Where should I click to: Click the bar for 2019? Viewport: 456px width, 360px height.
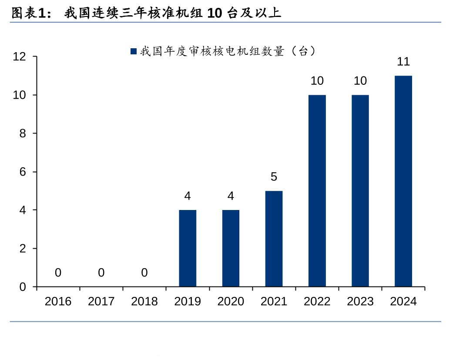(x=188, y=248)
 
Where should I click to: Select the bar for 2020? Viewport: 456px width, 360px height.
(x=231, y=248)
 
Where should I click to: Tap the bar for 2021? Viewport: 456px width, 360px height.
(x=274, y=239)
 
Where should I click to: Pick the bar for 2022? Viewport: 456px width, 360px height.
(x=317, y=191)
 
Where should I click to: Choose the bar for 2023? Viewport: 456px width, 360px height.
(x=360, y=191)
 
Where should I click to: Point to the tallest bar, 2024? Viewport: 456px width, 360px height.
(x=403, y=181)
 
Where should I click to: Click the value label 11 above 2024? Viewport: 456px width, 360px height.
(x=403, y=61)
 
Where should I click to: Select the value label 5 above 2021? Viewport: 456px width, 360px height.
(x=274, y=177)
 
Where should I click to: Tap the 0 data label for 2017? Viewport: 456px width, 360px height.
(x=101, y=273)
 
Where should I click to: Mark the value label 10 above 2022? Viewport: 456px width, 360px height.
(x=317, y=80)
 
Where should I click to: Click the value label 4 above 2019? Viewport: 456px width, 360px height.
(x=188, y=196)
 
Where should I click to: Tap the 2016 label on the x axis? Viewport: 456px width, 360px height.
(x=58, y=301)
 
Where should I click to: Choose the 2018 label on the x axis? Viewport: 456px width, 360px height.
(x=144, y=301)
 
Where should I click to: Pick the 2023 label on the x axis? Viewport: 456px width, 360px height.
(x=360, y=301)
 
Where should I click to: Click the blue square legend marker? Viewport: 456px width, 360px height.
(x=134, y=51)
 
